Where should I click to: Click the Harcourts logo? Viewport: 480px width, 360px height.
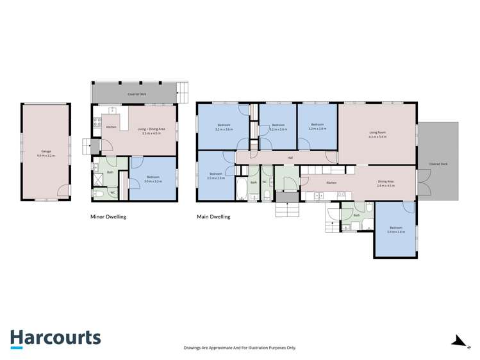[x=55, y=338]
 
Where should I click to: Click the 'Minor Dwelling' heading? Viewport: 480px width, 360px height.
[x=108, y=217]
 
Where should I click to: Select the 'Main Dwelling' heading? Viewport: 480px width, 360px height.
[x=213, y=217]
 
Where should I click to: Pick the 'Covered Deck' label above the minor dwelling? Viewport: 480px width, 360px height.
[x=135, y=94]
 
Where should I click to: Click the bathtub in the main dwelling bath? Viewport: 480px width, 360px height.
[x=241, y=188]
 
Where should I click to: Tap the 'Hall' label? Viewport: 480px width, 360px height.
[x=290, y=158]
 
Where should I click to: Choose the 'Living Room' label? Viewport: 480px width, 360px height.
[x=377, y=135]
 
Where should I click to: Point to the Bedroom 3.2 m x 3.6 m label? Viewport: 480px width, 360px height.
[x=223, y=126]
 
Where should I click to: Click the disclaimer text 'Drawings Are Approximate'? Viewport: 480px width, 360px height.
[x=240, y=348]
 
